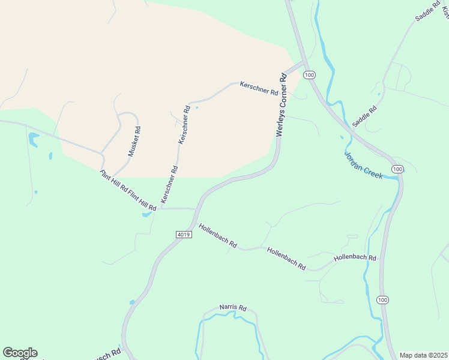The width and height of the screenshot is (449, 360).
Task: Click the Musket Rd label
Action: coord(134,141)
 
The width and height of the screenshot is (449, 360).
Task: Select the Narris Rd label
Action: coord(233,308)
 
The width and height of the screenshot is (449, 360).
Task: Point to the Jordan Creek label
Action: coord(363,164)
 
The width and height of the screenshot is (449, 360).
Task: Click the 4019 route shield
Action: coord(184,234)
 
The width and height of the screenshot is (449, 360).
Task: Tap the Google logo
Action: coord(20,353)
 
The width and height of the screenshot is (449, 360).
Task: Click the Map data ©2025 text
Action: coord(424,355)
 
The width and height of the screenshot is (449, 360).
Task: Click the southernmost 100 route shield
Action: coord(383,299)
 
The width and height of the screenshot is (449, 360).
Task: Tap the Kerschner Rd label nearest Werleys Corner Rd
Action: coord(259,88)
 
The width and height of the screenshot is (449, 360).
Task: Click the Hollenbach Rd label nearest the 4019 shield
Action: coord(218,236)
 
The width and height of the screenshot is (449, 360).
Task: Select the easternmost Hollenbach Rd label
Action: coord(355,258)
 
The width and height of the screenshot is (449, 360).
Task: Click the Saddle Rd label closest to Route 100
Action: coord(364,116)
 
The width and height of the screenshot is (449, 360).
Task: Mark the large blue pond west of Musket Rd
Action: coord(33,140)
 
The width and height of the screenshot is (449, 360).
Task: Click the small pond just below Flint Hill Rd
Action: coord(147,214)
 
